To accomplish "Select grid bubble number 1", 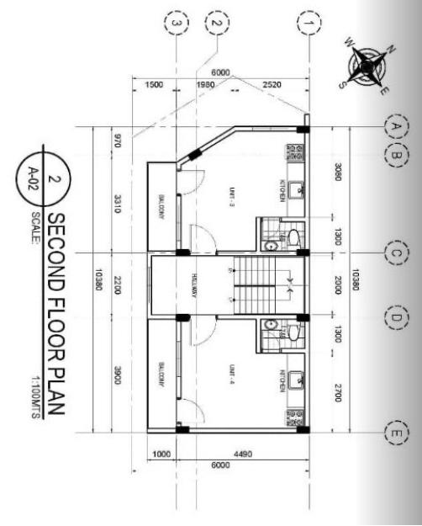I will [309, 23].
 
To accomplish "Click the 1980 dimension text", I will [205, 85].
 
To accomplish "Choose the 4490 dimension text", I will [244, 455].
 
